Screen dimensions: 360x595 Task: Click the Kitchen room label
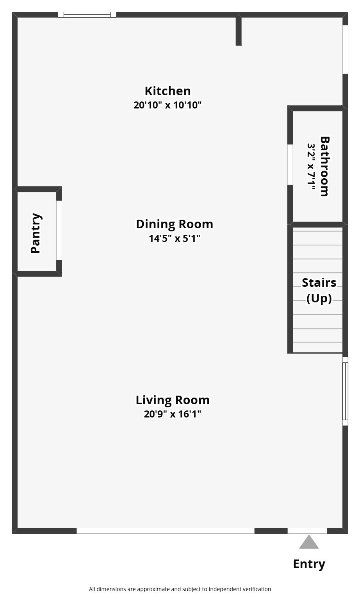(168, 91)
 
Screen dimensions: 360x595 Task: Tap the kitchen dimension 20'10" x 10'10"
(168, 105)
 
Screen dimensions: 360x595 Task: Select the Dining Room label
(175, 224)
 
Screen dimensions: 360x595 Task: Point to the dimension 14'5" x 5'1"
(175, 238)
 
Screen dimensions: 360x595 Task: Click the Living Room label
(173, 400)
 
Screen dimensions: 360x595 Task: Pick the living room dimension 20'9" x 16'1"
(173, 414)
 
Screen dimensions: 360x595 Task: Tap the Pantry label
(36, 233)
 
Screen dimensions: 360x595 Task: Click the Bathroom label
(324, 167)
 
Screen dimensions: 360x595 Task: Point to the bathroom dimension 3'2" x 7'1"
(311, 166)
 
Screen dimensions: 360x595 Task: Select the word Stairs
(319, 282)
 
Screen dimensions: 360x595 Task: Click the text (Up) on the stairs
(319, 298)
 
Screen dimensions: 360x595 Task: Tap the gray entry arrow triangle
(309, 542)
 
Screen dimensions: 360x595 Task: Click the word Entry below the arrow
(309, 565)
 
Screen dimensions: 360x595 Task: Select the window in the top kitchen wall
(87, 14)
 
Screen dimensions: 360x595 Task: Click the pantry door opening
(59, 230)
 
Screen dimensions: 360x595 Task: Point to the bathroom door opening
(290, 165)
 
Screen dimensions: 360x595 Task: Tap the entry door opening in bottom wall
(307, 531)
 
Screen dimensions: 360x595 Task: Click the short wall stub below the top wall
(239, 30)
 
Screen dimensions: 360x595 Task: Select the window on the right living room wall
(345, 391)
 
